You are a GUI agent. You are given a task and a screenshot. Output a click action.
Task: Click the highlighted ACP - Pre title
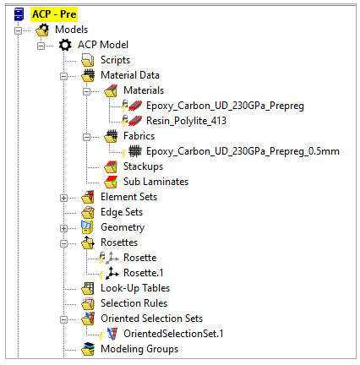54,14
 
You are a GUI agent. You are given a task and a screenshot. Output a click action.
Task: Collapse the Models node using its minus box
19,30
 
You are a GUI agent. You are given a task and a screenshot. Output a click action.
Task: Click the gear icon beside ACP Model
65,45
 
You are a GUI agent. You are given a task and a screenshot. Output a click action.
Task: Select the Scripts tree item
115,60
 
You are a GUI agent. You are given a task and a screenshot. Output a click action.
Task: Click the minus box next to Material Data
64,76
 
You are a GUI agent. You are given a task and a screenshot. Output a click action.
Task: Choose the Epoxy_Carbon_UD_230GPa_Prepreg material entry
225,106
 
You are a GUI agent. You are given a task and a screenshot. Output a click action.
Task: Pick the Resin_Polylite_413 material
186,121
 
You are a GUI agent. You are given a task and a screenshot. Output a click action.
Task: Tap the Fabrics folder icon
111,136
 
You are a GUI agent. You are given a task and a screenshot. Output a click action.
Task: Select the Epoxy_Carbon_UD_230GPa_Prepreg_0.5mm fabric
243,151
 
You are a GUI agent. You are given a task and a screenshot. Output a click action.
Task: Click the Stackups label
143,166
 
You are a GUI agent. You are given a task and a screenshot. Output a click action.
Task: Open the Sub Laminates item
155,182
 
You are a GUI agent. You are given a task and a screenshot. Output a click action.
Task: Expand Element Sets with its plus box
64,198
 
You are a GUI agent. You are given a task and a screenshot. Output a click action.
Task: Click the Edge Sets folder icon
88,212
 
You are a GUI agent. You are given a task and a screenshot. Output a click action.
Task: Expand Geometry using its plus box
64,228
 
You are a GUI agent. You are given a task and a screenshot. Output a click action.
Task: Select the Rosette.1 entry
144,273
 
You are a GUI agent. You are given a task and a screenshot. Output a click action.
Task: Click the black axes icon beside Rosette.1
112,273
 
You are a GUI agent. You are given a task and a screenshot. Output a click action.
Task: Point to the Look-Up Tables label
135,288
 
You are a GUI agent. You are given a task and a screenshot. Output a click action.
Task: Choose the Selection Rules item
134,303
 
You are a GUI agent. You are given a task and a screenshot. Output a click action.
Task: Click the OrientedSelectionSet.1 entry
173,334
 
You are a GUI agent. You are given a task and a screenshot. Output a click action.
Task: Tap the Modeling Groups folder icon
88,349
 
